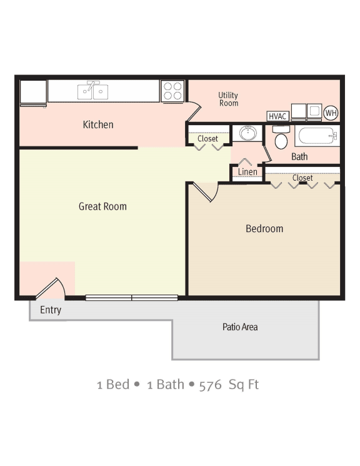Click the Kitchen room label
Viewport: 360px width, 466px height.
click(x=98, y=124)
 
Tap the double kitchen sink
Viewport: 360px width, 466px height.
click(x=92, y=92)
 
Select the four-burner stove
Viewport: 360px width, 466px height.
click(x=172, y=91)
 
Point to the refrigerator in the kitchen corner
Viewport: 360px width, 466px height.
click(x=33, y=93)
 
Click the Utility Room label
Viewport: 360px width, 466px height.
click(x=228, y=99)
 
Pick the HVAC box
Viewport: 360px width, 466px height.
click(x=277, y=116)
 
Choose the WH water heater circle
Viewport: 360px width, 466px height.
click(x=331, y=113)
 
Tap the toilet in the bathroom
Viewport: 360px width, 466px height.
click(x=281, y=138)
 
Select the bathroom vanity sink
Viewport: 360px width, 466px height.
click(x=247, y=133)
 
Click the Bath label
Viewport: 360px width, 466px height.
click(x=299, y=156)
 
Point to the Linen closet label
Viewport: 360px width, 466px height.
click(x=247, y=172)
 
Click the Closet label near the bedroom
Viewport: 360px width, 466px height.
click(x=302, y=178)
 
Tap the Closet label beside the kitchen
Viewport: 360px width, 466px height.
click(x=207, y=139)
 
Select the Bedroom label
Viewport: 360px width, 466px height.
click(x=264, y=229)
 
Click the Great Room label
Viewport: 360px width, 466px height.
click(x=102, y=206)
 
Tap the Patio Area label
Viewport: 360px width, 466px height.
click(x=240, y=327)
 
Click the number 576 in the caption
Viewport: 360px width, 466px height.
click(x=210, y=384)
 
